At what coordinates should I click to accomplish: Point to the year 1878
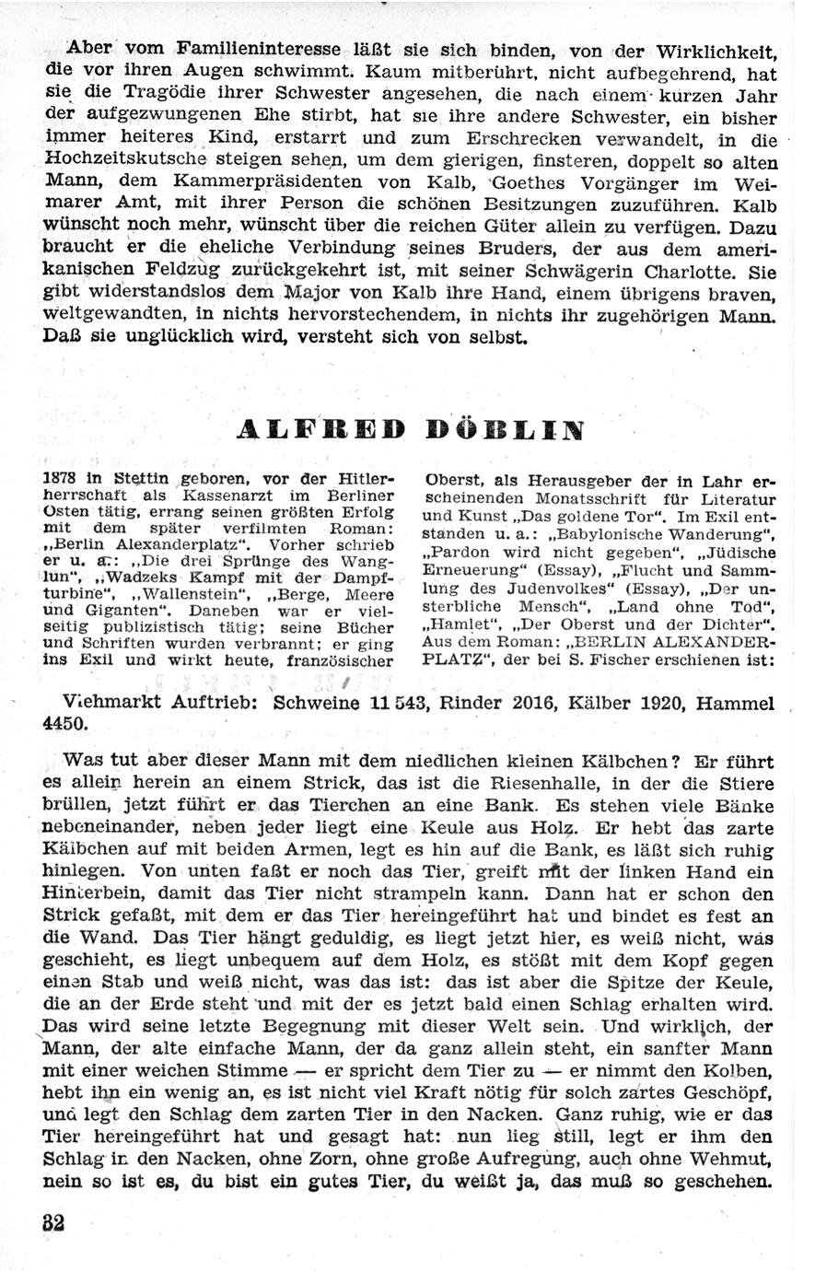60,479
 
